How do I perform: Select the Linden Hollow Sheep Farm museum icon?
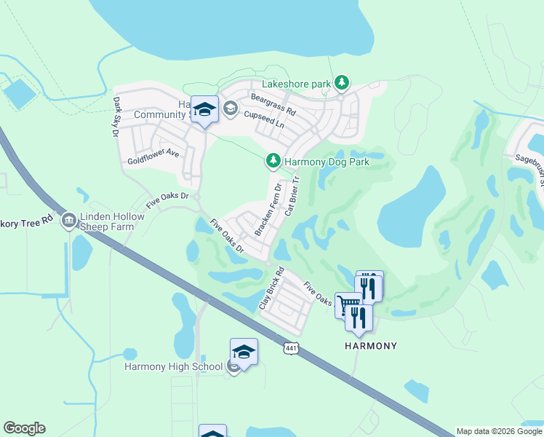[69, 219]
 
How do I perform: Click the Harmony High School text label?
[173, 366]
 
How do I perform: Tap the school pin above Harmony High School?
[244, 353]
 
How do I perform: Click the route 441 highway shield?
[289, 350]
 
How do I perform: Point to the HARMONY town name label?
[370, 346]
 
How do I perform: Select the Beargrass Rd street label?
[273, 105]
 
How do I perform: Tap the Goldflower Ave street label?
[153, 154]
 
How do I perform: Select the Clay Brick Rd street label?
[270, 294]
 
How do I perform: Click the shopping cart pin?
[348, 304]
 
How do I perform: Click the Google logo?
[24, 428]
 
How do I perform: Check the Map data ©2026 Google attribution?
[499, 431]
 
